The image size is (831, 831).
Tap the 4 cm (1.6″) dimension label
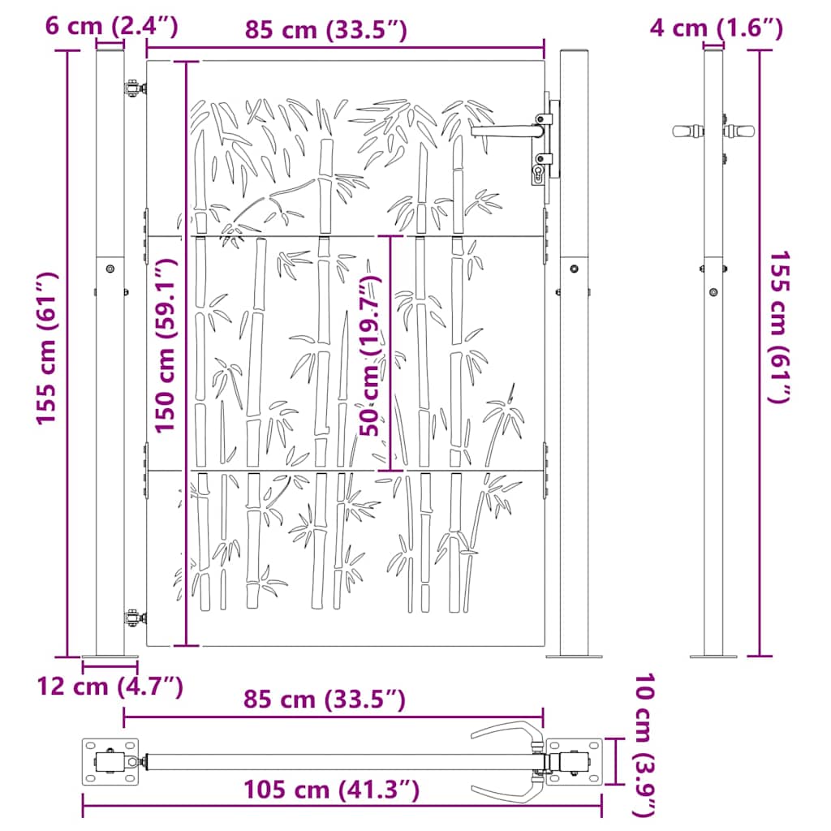(x=717, y=28)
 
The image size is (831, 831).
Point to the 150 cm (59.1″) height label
(x=166, y=346)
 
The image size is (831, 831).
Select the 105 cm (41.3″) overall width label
(x=331, y=789)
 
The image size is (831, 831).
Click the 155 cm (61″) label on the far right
(x=779, y=327)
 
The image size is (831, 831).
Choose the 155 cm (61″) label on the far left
(x=48, y=347)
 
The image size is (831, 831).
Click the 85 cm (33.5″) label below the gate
(x=324, y=700)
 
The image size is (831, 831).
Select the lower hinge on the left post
(x=131, y=619)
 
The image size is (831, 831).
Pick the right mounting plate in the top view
(x=575, y=761)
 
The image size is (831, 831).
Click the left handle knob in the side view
(x=687, y=130)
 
